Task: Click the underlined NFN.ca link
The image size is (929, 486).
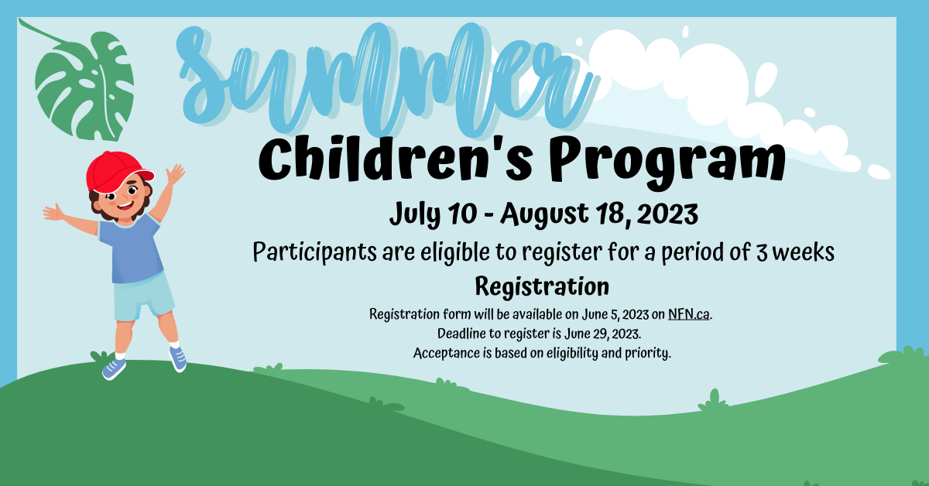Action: click(x=688, y=315)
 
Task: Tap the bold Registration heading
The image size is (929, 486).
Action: click(x=541, y=286)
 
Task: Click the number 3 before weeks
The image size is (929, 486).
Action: click(x=762, y=252)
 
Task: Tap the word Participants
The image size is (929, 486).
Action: click(x=314, y=253)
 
